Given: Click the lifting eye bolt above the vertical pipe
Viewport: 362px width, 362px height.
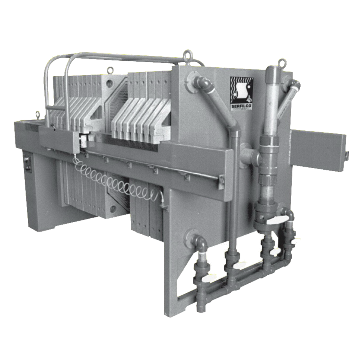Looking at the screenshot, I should click(x=282, y=63).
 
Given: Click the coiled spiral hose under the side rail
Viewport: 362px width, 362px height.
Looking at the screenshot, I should click(x=113, y=181).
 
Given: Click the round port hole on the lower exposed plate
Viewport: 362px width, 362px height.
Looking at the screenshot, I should click(x=113, y=209).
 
